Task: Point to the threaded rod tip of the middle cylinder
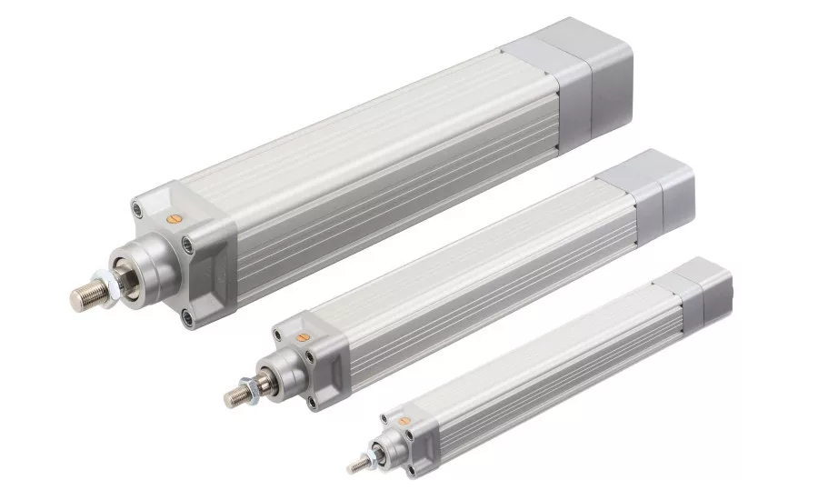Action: [234, 396]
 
